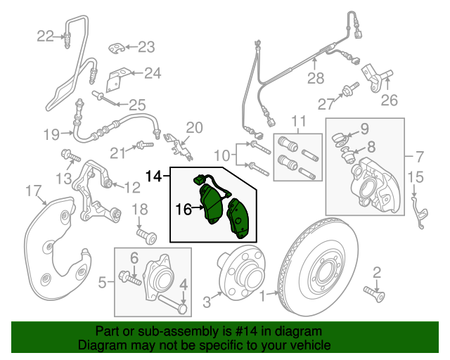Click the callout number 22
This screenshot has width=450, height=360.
pos(45,36)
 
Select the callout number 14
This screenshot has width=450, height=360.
pos(153,173)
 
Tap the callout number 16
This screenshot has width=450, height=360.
pos(184,209)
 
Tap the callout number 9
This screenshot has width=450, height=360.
pos(364,128)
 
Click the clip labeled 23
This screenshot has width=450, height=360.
pos(119,48)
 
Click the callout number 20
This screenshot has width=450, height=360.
pos(194,127)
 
